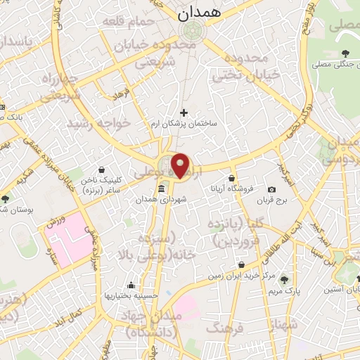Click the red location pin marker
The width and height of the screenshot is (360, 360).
[x=181, y=165]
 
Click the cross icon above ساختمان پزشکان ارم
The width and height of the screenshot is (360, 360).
[x=184, y=112]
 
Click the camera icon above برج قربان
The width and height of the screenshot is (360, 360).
[x=272, y=189]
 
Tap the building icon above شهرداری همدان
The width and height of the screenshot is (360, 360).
[x=162, y=189]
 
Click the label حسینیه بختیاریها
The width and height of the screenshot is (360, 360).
[x=131, y=296]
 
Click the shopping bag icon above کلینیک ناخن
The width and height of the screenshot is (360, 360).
[x=103, y=169]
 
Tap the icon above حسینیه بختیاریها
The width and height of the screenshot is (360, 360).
[x=131, y=285]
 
